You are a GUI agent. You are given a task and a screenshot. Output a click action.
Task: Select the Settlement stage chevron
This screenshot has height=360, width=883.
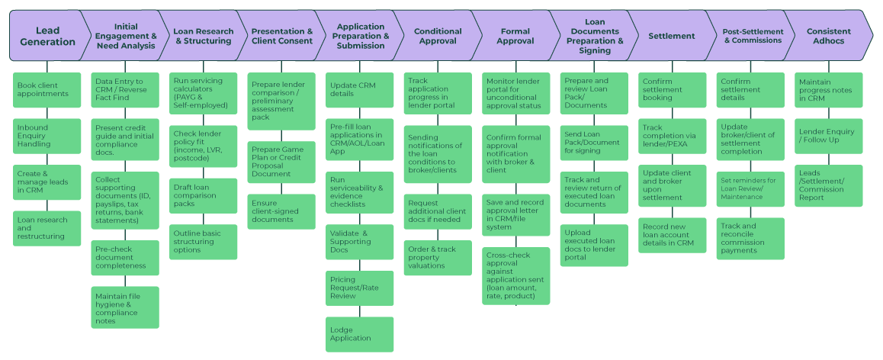(x=671, y=36)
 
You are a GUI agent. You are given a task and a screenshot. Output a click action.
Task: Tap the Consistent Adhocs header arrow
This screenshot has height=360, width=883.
(x=827, y=36)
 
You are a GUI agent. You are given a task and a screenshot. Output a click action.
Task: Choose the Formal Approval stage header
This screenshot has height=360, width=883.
(x=515, y=36)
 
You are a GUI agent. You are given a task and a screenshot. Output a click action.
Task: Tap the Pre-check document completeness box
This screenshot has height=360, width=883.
(x=126, y=258)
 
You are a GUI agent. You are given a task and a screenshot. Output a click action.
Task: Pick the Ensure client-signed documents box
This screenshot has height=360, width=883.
(x=281, y=211)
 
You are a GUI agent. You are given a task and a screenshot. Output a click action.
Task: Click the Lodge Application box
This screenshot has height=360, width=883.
(x=360, y=333)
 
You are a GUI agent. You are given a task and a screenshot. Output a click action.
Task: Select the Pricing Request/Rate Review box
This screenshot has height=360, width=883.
(x=360, y=288)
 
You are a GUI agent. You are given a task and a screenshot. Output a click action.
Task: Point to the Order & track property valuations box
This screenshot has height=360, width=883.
(x=438, y=257)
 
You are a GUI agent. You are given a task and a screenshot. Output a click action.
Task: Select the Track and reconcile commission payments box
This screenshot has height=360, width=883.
(x=750, y=238)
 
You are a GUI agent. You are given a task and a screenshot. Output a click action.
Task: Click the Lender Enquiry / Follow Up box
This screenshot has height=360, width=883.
(x=829, y=135)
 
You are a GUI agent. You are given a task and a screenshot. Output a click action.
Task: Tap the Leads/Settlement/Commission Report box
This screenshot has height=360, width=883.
(x=829, y=185)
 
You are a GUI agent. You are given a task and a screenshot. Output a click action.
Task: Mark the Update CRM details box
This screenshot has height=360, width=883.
(x=360, y=89)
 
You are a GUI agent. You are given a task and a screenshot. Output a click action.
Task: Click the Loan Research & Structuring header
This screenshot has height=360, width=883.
(x=202, y=36)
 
